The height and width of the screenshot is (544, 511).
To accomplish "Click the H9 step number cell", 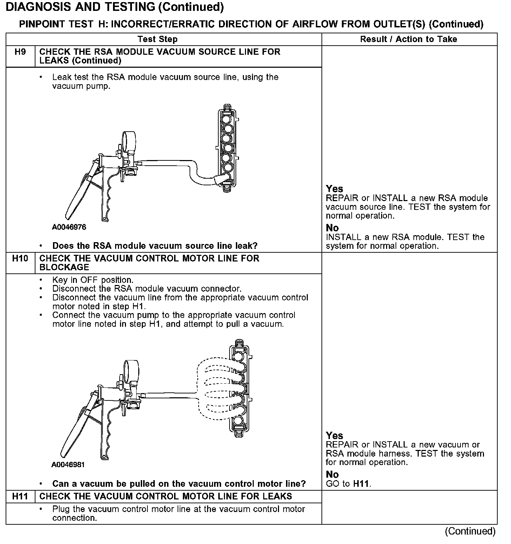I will tap(20, 52).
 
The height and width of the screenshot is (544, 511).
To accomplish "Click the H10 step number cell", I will tap(20, 259).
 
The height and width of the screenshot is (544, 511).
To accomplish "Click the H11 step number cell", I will tap(20, 496).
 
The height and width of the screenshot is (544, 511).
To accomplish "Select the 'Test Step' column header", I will tap(158, 39).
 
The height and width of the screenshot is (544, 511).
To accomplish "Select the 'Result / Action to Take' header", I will tap(409, 39).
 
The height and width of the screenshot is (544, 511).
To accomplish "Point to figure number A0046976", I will tap(69, 227).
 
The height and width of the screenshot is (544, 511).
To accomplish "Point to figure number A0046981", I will tap(68, 465).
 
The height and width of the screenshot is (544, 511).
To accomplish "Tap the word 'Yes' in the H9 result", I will tap(334, 189).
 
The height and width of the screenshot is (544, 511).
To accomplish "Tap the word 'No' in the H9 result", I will tap(332, 228).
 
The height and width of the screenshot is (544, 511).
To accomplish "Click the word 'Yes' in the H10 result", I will tap(334, 436).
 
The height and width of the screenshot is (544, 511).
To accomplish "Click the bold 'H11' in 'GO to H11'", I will tap(361, 484).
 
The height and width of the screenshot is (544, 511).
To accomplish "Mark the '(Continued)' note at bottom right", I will tap(470, 531).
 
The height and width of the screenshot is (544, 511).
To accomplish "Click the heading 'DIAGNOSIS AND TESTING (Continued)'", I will tap(115, 7).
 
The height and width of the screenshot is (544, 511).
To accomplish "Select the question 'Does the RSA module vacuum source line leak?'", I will tap(155, 246).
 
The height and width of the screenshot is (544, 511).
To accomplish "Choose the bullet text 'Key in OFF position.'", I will tap(93, 280).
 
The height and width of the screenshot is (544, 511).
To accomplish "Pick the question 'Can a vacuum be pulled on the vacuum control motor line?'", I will tap(179, 484).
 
